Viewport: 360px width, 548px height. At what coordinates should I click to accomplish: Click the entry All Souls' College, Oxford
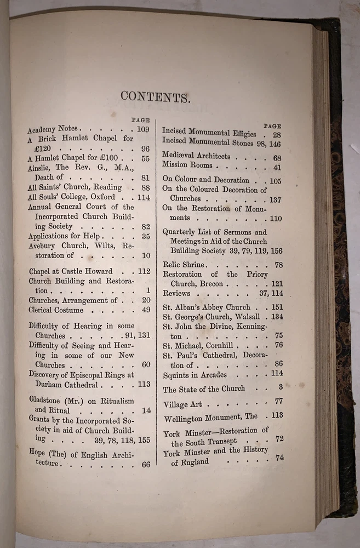[72, 197]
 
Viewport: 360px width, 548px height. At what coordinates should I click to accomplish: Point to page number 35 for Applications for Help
[145, 236]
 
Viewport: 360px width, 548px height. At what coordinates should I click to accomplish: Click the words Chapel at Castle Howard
[71, 271]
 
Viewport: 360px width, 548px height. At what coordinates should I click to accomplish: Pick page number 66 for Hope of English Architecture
[145, 464]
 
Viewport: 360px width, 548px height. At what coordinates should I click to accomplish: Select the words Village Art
[183, 404]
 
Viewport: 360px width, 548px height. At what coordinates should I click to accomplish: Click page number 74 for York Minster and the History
[279, 458]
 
